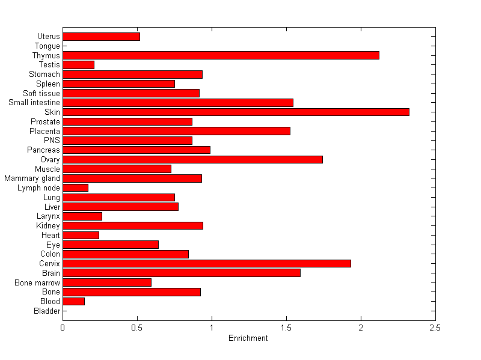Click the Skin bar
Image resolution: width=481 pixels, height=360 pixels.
(x=236, y=112)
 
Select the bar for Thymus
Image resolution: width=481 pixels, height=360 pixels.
(x=221, y=55)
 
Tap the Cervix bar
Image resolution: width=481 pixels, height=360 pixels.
(x=207, y=263)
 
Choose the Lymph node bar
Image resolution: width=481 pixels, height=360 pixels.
(x=75, y=188)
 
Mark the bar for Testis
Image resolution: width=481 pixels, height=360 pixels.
(x=78, y=64)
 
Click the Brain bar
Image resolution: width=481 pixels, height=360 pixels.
(x=182, y=273)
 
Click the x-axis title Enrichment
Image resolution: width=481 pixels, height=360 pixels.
(x=248, y=338)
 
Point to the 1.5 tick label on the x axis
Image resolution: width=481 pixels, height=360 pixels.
(x=286, y=328)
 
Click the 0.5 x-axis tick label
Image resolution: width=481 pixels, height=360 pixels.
(x=137, y=328)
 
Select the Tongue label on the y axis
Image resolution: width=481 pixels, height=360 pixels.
(x=47, y=46)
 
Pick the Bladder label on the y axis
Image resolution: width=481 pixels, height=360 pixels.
(x=47, y=311)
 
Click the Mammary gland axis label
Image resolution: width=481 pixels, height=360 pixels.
(x=32, y=178)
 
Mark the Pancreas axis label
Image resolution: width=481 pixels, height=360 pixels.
(x=44, y=150)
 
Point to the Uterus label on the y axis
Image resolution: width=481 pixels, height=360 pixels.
(x=49, y=37)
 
